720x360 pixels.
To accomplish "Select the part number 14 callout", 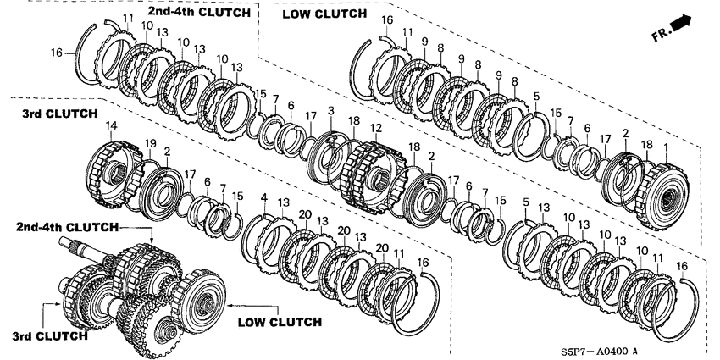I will coord(110,127).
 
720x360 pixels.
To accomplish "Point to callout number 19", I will coord(150,141).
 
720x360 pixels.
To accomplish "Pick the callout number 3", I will coord(330,111).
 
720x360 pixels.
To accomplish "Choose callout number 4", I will coord(264,198).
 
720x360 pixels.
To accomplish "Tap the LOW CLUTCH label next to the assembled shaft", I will coord(280,322).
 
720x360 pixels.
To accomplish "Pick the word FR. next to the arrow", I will coord(662,34).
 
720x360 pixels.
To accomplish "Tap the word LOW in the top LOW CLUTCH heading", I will coord(297,14).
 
